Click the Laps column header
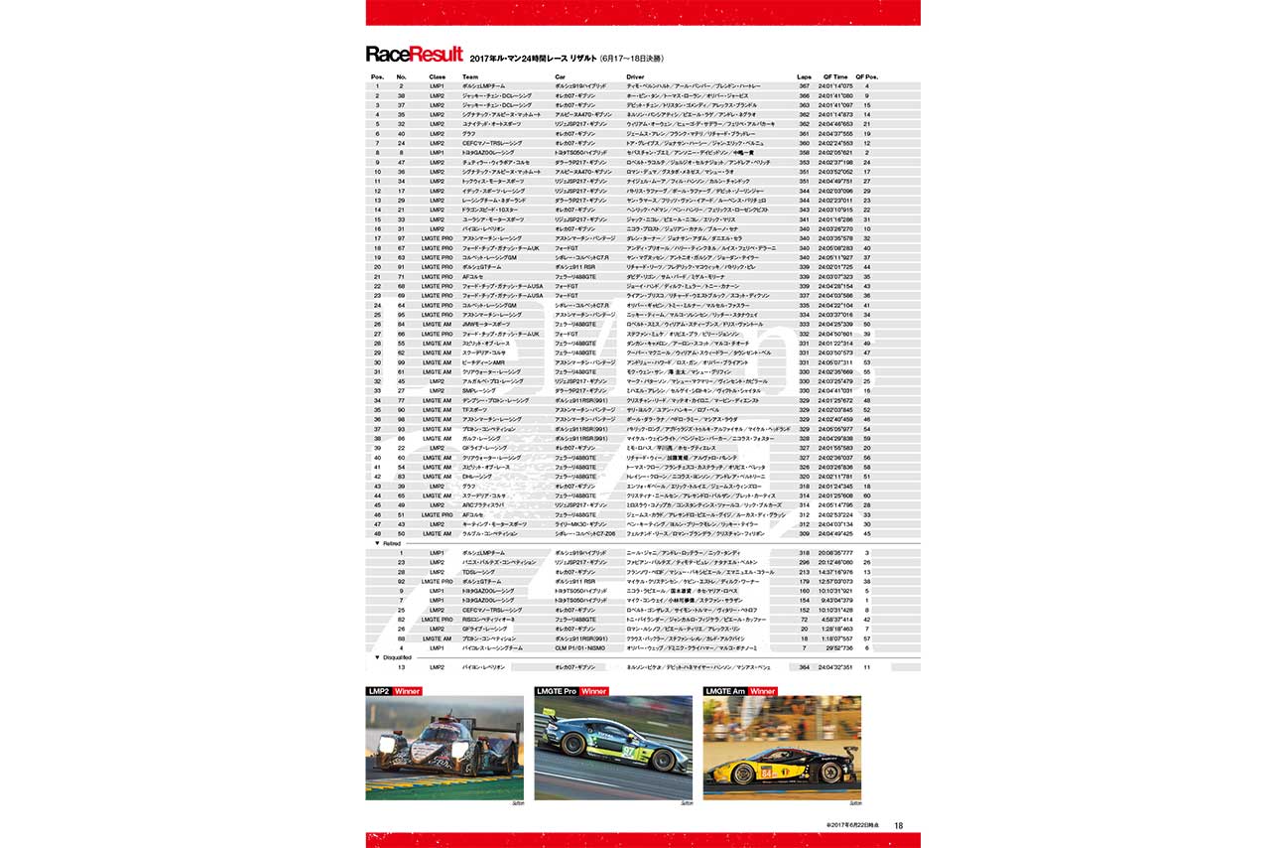click(x=804, y=76)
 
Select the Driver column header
click(x=636, y=76)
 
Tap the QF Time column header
click(x=834, y=76)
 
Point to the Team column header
click(x=470, y=76)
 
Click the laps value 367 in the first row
click(x=804, y=86)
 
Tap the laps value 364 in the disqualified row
click(x=804, y=667)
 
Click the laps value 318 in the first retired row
click(x=804, y=552)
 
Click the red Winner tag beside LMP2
click(x=407, y=690)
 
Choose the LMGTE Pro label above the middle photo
click(x=556, y=690)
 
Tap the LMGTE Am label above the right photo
click(x=725, y=690)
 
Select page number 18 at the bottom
click(x=898, y=824)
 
